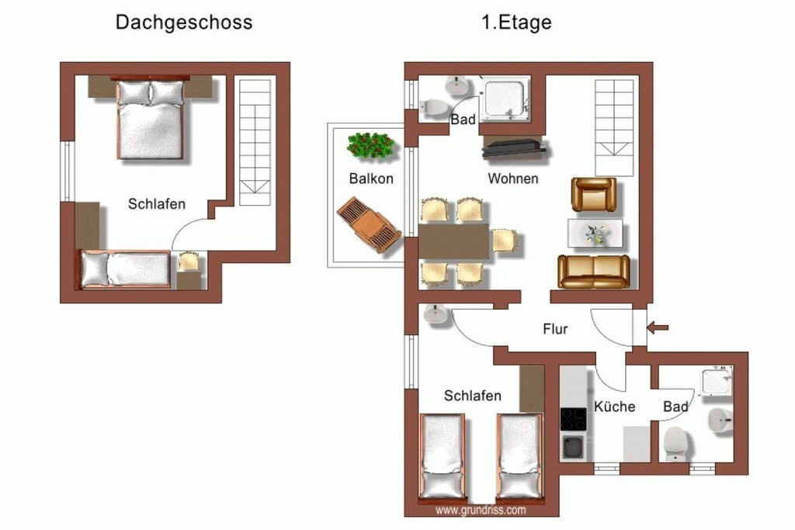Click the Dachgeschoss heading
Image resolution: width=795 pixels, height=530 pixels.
(183, 23)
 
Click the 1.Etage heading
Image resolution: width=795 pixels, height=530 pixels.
(516, 23)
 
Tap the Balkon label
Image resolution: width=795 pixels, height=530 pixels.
(371, 178)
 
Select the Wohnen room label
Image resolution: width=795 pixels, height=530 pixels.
(513, 178)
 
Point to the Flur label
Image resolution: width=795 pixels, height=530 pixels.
(555, 329)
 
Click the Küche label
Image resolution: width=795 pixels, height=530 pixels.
(615, 407)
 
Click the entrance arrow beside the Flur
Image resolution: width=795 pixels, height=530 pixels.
(658, 327)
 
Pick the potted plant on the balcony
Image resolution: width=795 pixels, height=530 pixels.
(370, 145)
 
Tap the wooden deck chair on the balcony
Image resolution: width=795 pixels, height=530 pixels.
(369, 224)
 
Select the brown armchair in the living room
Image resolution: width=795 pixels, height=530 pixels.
(594, 194)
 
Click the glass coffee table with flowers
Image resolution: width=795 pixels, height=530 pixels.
(595, 233)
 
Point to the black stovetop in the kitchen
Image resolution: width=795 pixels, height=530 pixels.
(574, 419)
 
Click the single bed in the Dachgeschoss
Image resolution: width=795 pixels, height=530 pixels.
(125, 269)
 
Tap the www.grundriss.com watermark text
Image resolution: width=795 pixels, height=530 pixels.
(481, 511)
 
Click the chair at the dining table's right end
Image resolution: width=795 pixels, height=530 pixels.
(505, 241)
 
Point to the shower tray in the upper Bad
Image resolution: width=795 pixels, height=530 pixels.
(505, 99)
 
